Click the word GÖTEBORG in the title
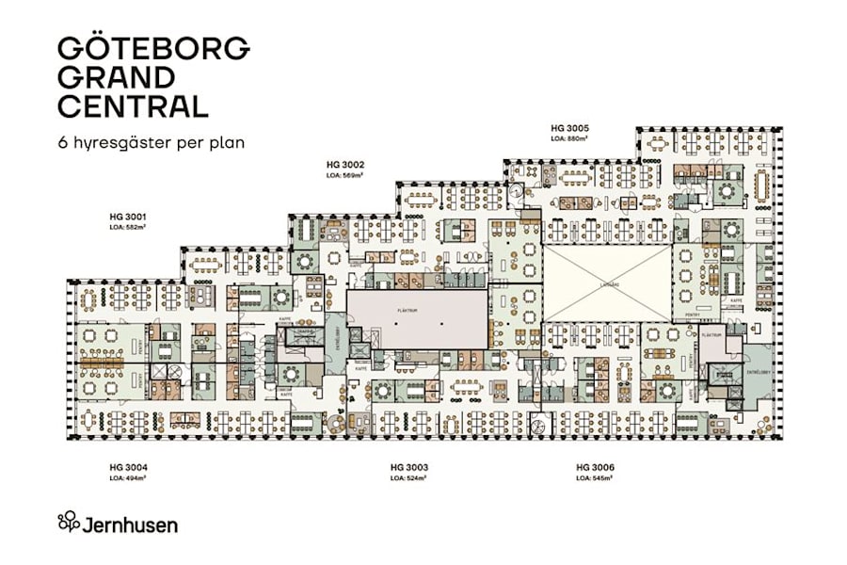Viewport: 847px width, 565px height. tap(153, 48)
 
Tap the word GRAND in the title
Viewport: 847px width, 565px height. tap(116, 77)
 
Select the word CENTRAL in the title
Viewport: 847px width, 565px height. tap(133, 105)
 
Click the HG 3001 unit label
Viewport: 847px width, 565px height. tap(127, 217)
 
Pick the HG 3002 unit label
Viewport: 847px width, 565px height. tap(344, 165)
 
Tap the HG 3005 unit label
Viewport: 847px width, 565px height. tap(569, 127)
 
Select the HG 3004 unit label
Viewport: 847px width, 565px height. tap(128, 468)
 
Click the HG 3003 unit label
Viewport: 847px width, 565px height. tap(409, 468)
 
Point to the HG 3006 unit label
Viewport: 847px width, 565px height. tap(595, 468)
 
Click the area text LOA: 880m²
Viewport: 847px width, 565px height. tap(569, 138)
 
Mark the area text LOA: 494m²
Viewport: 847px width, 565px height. tap(128, 478)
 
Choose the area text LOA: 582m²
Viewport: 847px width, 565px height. tap(127, 227)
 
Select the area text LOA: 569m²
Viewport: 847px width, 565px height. tap(344, 175)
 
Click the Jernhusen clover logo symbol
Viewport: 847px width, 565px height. tap(69, 523)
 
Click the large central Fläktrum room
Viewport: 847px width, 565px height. tap(417, 318)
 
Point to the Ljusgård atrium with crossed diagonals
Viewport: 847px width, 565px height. tap(607, 282)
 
